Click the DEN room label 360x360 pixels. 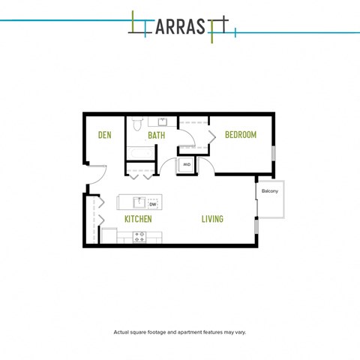point(105,135)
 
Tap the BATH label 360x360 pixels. point(156,135)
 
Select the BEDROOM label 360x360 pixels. point(241,135)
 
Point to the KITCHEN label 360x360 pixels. point(138,219)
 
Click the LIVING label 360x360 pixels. point(212,219)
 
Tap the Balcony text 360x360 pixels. point(270,191)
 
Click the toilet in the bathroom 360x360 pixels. point(136,125)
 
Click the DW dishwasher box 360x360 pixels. point(152,203)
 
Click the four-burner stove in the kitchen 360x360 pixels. point(140,237)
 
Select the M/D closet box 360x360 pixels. point(186,165)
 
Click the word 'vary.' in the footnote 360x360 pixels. point(238,331)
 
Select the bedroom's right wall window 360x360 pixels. point(274,152)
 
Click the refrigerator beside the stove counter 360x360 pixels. point(109,236)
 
